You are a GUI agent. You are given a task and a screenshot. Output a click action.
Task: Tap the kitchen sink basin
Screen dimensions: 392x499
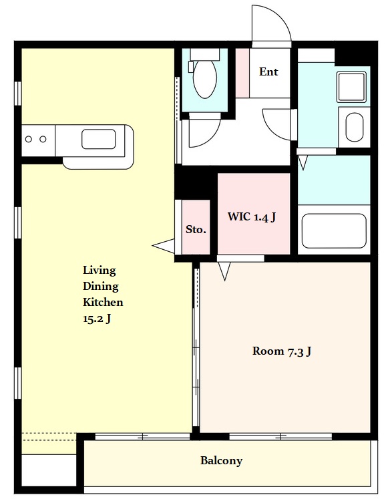(99, 139)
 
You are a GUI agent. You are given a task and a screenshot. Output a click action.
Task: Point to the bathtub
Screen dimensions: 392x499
(334, 230)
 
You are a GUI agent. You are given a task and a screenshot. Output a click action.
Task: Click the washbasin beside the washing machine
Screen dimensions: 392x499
(355, 127)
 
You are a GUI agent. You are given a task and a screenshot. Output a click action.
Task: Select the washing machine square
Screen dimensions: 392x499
(351, 87)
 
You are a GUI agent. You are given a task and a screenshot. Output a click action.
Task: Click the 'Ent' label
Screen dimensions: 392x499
(268, 71)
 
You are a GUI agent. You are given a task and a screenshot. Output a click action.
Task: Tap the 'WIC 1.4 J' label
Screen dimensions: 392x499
(252, 217)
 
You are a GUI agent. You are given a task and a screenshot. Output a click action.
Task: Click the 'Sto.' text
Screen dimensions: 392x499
(196, 229)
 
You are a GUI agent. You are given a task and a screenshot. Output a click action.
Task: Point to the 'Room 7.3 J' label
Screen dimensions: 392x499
(282, 351)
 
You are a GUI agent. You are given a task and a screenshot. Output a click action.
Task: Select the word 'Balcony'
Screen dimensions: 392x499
(222, 460)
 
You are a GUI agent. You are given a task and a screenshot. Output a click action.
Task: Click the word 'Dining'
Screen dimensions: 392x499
(101, 286)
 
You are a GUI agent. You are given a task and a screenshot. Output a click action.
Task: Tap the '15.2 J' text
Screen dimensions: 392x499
(97, 318)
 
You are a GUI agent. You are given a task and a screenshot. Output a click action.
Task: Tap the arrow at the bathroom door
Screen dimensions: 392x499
(303, 162)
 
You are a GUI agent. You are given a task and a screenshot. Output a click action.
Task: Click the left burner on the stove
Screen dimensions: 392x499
(29, 139)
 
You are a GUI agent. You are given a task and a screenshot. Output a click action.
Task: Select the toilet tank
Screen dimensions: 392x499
(205, 54)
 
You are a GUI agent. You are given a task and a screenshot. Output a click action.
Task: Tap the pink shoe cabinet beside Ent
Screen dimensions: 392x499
(242, 73)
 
